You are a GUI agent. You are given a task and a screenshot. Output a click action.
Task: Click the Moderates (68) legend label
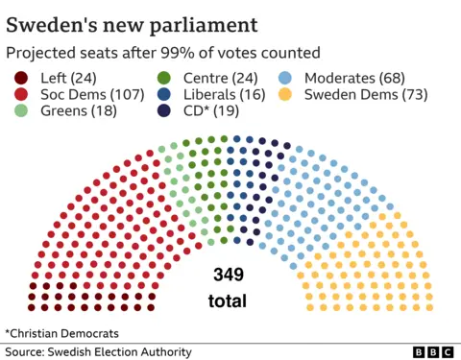click(354, 78)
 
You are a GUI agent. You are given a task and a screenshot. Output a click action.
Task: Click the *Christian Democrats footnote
click(62, 333)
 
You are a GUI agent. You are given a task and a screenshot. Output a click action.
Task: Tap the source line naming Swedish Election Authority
click(99, 352)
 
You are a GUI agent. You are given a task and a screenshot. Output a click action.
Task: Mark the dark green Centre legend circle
click(163, 78)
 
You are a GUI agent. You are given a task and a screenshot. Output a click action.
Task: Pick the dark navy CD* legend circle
click(163, 111)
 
